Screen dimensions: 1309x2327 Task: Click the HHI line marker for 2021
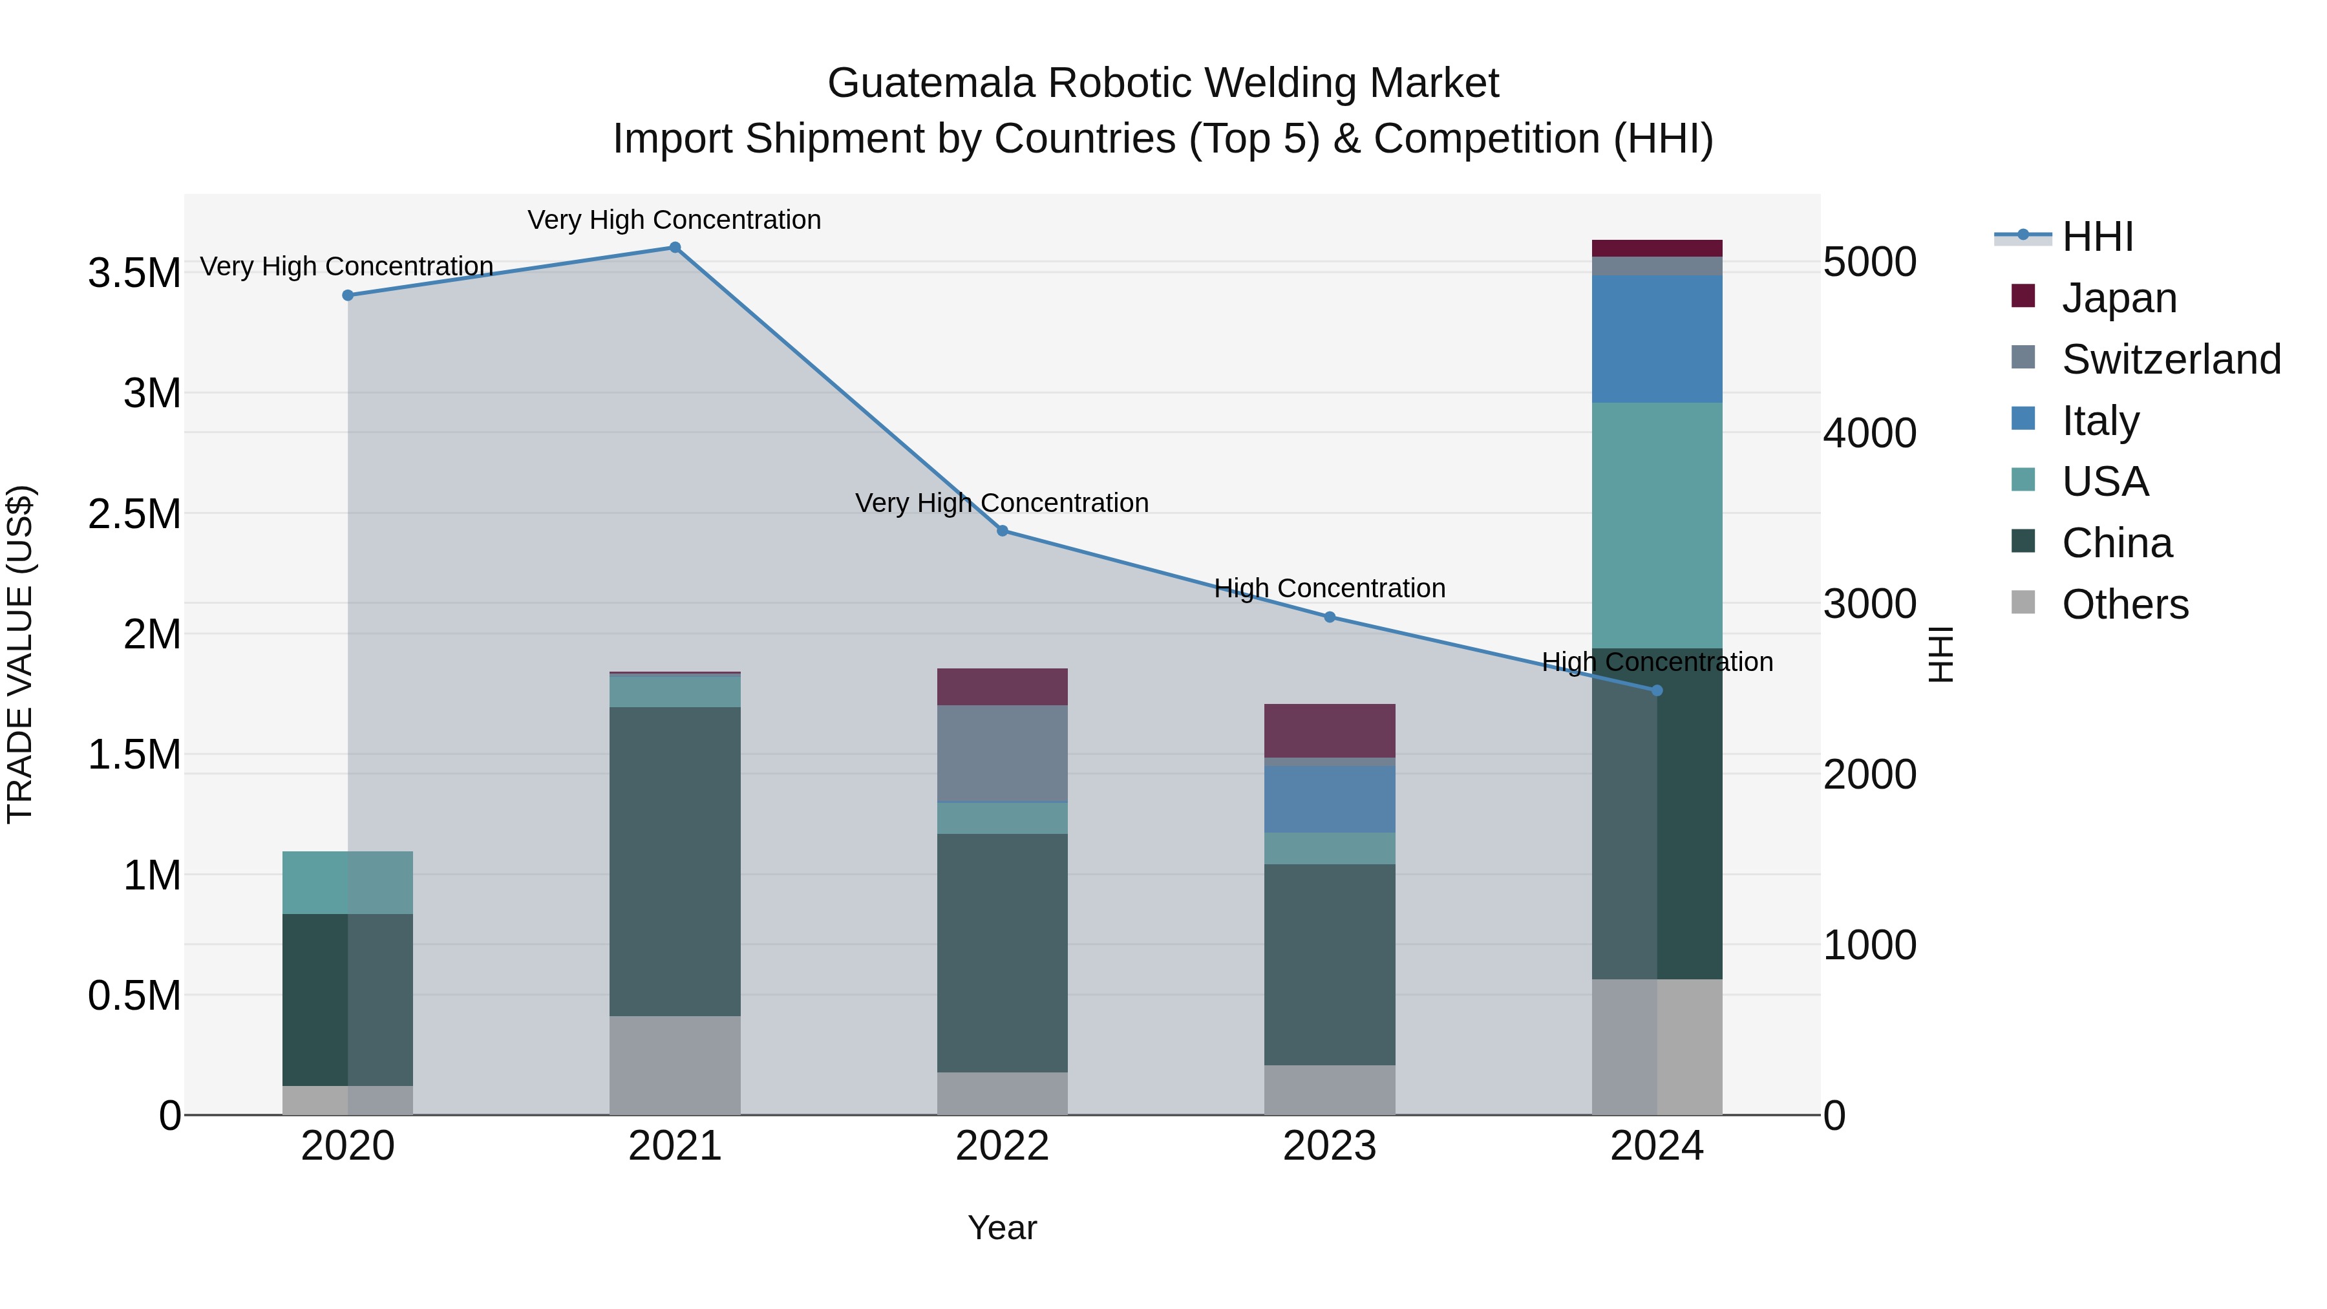pyautogui.click(x=675, y=248)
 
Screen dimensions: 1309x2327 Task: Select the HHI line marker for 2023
pyautogui.click(x=1329, y=617)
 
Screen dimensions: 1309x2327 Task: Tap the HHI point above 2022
pyautogui.click(x=1002, y=531)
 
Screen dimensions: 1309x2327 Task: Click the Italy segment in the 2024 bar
pyautogui.click(x=1656, y=339)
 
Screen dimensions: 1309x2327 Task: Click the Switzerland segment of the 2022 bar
pyautogui.click(x=1002, y=754)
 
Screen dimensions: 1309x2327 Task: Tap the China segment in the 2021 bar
pyautogui.click(x=675, y=861)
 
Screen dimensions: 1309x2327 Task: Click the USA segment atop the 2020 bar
pyautogui.click(x=348, y=882)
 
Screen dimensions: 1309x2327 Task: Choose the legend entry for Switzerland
pyautogui.click(x=2171, y=359)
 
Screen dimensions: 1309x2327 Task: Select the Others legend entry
pyautogui.click(x=2125, y=604)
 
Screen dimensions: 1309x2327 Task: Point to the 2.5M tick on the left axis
pyautogui.click(x=134, y=514)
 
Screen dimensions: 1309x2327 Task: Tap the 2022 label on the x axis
pyautogui.click(x=1002, y=1146)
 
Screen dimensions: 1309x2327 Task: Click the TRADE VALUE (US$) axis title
pyautogui.click(x=20, y=654)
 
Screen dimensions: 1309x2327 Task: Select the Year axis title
pyautogui.click(x=1002, y=1228)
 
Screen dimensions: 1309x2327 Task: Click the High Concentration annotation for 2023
pyautogui.click(x=1329, y=588)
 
